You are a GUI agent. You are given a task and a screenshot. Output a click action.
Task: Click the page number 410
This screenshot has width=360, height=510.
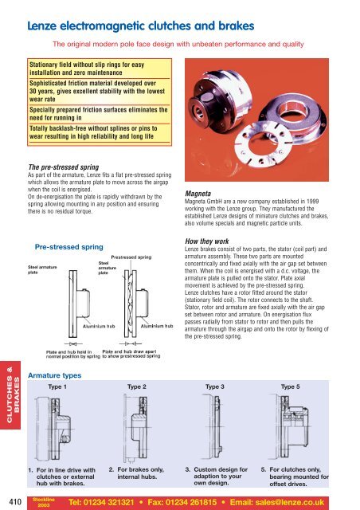pos(12,500)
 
